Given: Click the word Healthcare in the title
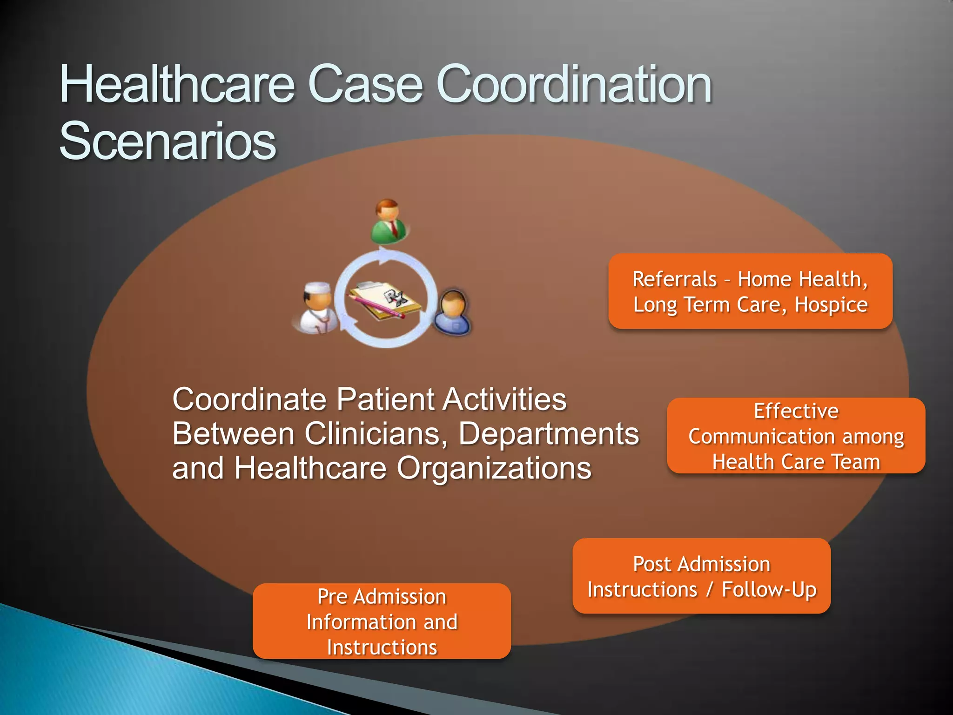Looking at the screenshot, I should [x=177, y=85].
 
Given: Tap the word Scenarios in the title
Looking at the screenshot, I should [x=168, y=141].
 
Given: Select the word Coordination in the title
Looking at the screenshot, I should [x=574, y=85].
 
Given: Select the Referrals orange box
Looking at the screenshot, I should [x=750, y=291].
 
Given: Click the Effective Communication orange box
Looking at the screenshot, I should [x=796, y=436].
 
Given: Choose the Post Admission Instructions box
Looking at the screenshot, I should [x=701, y=576].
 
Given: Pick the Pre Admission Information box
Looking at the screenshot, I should [x=382, y=621].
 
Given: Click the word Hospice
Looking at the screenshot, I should [x=831, y=305].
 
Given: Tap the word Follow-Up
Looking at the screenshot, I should [x=769, y=589].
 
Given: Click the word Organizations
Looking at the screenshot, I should [x=494, y=468].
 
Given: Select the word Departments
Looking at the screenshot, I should [x=549, y=434].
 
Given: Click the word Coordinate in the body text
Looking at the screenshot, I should [x=249, y=399].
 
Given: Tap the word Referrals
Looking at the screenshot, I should [x=674, y=279].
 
